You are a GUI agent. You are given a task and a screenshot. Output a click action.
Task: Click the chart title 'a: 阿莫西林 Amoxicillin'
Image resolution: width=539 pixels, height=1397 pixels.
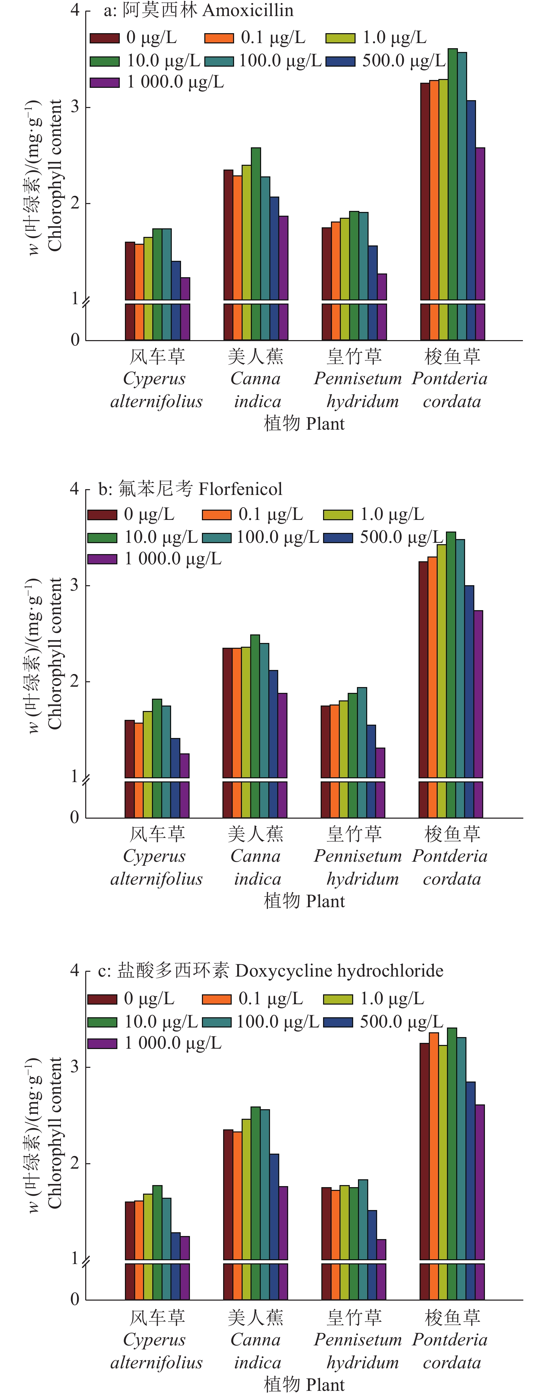pyautogui.click(x=199, y=10)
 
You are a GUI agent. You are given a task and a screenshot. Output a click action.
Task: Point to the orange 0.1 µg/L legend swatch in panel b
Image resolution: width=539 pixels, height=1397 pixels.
pyautogui.click(x=217, y=515)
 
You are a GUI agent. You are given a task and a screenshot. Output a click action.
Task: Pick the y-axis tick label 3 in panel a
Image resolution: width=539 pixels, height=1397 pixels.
pyautogui.click(x=75, y=107)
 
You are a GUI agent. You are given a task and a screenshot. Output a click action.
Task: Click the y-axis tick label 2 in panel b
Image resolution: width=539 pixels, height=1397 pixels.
pyautogui.click(x=75, y=681)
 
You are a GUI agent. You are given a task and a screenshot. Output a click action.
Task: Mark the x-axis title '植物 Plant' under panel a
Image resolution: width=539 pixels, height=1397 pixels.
pyautogui.click(x=304, y=424)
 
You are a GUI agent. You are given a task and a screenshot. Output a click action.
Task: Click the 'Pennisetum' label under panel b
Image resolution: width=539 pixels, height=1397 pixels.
pyautogui.click(x=358, y=856)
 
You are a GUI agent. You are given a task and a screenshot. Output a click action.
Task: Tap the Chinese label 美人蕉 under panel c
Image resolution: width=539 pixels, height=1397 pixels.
pyautogui.click(x=256, y=1317)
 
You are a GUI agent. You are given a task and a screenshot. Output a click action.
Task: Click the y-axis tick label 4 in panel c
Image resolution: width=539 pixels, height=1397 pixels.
pyautogui.click(x=75, y=970)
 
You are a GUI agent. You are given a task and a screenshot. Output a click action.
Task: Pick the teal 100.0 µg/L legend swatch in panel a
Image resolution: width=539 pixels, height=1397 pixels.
pyautogui.click(x=219, y=61)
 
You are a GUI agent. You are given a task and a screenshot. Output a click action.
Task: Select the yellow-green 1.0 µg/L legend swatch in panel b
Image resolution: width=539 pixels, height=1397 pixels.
pyautogui.click(x=338, y=515)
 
